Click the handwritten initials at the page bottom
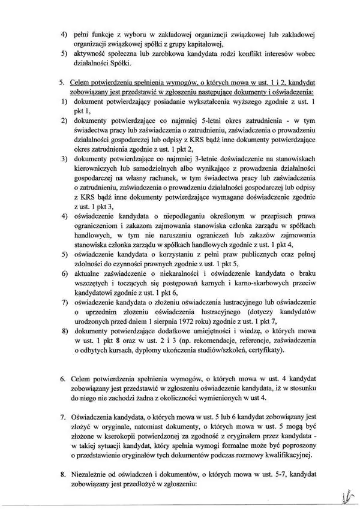click(x=344, y=496)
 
